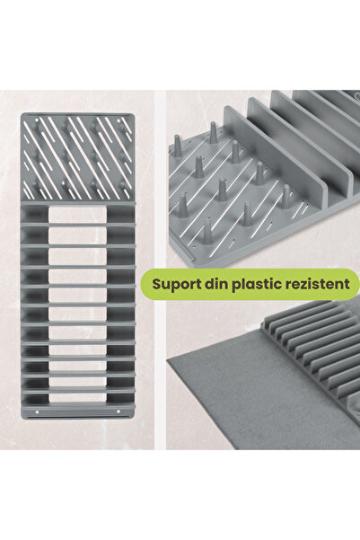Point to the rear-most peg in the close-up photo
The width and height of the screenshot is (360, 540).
(213, 134)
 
